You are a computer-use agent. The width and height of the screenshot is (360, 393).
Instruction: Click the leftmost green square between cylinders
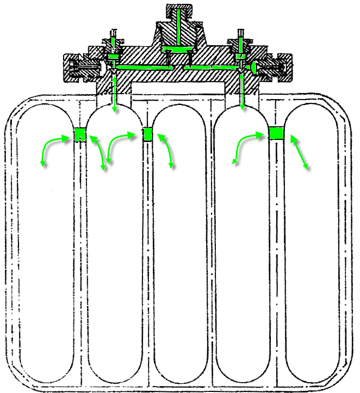click(80, 134)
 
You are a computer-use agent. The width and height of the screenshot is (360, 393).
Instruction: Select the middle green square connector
click(147, 134)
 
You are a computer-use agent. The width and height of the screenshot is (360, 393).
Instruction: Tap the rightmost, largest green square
click(276, 133)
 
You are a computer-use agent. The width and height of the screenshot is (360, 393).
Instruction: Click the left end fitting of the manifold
click(79, 67)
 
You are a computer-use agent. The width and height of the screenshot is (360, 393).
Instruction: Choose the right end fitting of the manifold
click(275, 67)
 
